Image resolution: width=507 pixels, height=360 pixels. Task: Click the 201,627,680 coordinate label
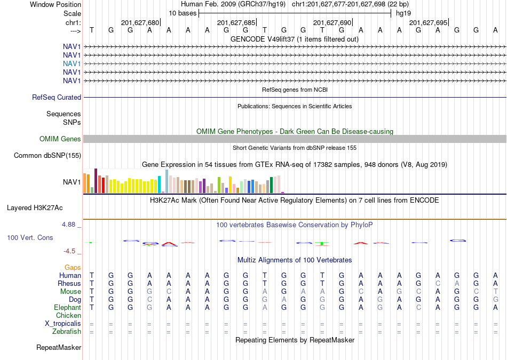140,22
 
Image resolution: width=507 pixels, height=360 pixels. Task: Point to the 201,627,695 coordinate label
428,22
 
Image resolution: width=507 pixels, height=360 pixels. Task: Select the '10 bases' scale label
183,13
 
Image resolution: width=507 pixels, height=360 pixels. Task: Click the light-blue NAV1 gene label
72,63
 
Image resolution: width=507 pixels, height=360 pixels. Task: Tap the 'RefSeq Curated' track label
57,97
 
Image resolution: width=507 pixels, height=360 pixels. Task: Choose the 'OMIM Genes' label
60,139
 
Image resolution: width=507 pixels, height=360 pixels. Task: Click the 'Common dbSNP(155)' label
47,155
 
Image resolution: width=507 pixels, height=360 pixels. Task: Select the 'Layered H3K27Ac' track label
35,208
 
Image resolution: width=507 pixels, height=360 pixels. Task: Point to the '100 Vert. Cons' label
30,237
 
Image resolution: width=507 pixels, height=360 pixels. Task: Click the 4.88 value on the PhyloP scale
68,225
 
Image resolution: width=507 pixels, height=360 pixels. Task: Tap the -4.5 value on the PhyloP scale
69,251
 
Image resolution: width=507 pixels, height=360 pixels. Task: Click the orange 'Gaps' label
73,267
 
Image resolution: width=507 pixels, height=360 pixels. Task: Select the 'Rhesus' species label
69,283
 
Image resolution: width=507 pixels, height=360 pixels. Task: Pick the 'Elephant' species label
67,307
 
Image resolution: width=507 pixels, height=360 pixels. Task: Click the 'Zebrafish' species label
67,332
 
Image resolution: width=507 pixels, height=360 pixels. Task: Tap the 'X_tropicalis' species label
63,324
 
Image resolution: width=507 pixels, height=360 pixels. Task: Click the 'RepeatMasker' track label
59,347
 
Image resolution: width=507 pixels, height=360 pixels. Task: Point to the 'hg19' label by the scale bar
403,13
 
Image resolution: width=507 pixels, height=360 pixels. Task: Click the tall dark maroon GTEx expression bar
96,181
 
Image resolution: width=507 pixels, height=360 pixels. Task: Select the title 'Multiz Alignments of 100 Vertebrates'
295,260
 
